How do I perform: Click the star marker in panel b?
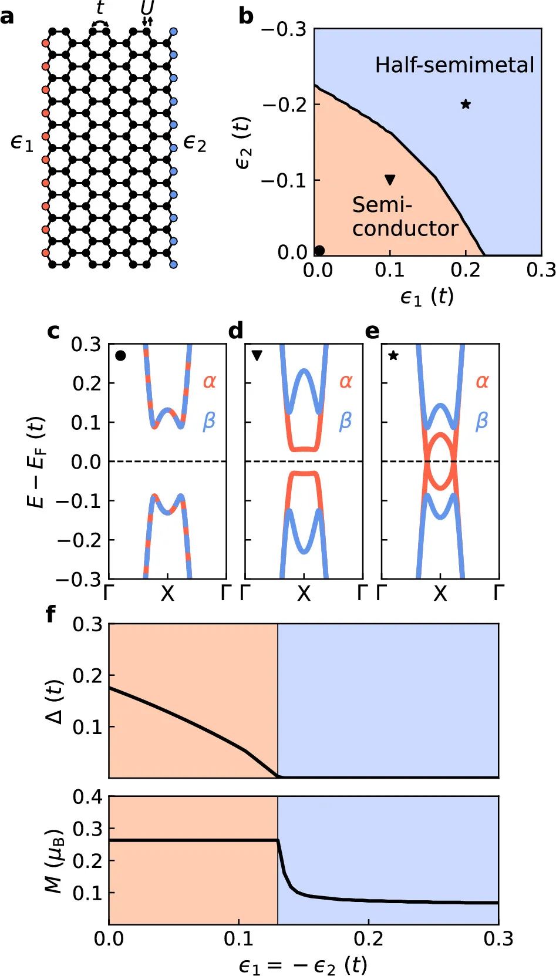pos(466,105)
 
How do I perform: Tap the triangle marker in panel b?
pos(390,180)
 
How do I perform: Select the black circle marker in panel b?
pos(319,251)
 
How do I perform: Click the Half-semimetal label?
pos(454,65)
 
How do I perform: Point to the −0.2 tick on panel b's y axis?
pos(284,105)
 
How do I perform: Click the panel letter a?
pos(8,16)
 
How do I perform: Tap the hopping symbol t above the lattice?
pos(100,8)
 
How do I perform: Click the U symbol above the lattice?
pos(147,8)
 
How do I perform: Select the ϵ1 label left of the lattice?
pos(22,143)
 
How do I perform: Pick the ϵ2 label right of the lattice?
pos(195,143)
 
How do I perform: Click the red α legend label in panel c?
pos(210,382)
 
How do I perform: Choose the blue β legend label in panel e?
pos(481,421)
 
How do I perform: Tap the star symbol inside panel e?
pos(393,355)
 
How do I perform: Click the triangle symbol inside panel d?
pos(257,355)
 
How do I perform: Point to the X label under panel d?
pos(304,594)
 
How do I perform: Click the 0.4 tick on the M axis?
pos(87,797)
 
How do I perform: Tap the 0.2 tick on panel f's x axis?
pos(369,938)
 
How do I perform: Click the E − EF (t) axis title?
pos(36,462)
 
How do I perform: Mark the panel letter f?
pos(51,614)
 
